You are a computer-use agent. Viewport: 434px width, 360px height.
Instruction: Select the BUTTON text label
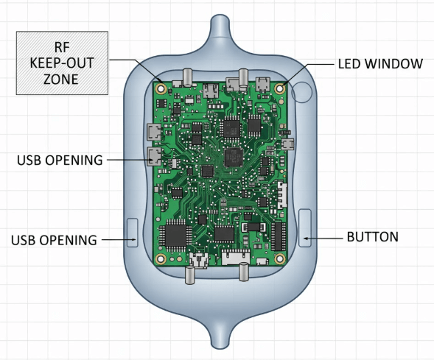click(x=372, y=237)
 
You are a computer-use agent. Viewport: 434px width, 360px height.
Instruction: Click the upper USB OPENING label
click(x=59, y=160)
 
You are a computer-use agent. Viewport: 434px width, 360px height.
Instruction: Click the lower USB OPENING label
click(x=54, y=240)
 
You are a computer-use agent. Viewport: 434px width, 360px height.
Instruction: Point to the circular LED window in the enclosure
click(x=302, y=92)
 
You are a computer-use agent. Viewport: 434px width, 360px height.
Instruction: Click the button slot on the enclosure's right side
click(x=305, y=227)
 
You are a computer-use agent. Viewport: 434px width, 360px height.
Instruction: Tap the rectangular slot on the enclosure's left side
click(x=133, y=231)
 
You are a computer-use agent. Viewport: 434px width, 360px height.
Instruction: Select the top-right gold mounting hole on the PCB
click(x=281, y=88)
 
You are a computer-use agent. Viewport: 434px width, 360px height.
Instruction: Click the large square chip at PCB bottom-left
click(x=177, y=235)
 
